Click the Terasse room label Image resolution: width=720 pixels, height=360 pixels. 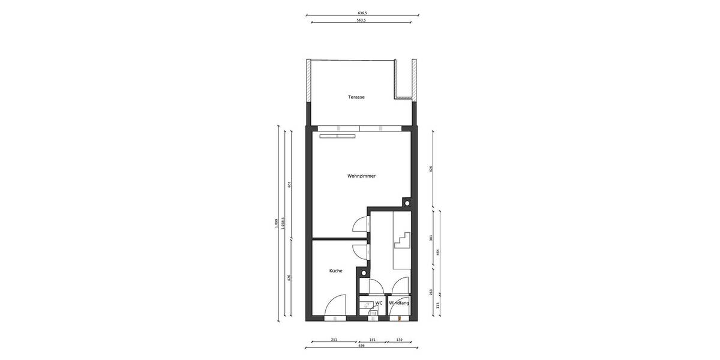click(x=356, y=97)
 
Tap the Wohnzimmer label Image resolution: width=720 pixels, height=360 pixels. click(x=361, y=176)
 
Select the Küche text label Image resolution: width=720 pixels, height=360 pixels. click(x=336, y=271)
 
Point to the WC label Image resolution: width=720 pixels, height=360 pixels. click(x=379, y=303)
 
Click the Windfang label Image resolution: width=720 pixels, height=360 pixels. click(x=399, y=303)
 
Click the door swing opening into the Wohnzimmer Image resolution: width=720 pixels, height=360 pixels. click(x=360, y=224)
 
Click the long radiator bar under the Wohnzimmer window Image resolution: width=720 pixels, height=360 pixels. click(x=337, y=136)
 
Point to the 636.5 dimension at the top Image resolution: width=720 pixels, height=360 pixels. click(x=362, y=12)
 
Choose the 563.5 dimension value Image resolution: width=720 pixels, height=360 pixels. click(x=362, y=20)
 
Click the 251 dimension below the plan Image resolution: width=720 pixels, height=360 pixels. click(x=334, y=340)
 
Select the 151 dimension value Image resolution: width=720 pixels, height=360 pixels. click(x=372, y=340)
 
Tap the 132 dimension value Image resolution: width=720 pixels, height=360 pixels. click(x=399, y=340)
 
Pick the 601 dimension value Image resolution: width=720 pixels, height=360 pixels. click(x=290, y=184)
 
